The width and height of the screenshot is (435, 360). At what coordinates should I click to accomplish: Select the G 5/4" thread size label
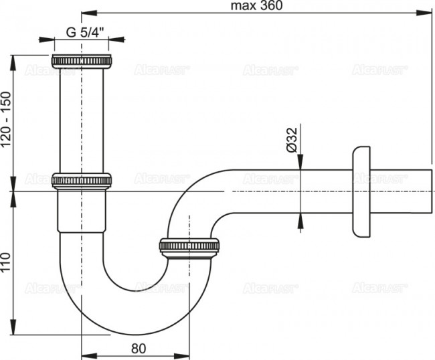pyautogui.click(x=88, y=31)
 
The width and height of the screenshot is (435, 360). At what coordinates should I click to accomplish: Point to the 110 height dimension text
pyautogui.click(x=7, y=262)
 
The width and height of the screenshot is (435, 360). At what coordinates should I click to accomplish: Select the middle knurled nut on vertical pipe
pyautogui.click(x=82, y=180)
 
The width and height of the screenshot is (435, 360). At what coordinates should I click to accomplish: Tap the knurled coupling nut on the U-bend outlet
pyautogui.click(x=189, y=246)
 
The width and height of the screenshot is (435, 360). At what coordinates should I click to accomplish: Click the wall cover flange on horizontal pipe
pyautogui.click(x=361, y=191)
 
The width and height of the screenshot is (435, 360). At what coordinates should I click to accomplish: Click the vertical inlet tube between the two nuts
pyautogui.click(x=82, y=120)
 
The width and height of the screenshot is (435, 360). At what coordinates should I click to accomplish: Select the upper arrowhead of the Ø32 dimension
pyautogui.click(x=300, y=165)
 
